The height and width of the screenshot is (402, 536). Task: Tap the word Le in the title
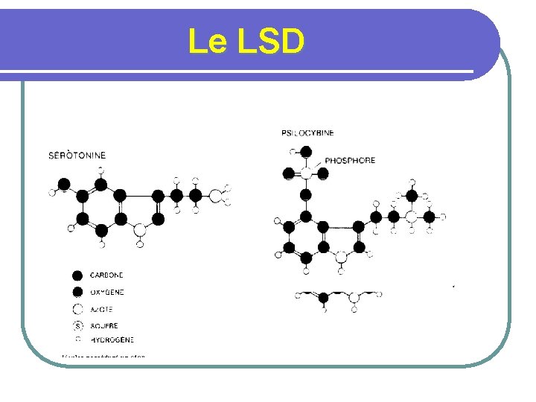pos(207,42)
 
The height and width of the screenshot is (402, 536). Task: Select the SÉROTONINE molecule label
pos(77,156)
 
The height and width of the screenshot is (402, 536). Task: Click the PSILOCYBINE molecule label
pos(307,133)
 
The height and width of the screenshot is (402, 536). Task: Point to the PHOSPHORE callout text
pos(350,160)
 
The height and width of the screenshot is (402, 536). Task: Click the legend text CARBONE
pos(106,275)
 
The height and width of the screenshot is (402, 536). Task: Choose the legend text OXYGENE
pos(106,293)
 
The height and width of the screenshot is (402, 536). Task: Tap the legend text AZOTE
pos(101,310)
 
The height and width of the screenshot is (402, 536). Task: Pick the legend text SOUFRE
pos(103,326)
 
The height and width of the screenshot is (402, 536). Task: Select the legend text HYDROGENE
pos(112,339)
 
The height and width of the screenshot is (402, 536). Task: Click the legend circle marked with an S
pos(77,326)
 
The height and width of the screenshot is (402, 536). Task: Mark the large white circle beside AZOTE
pos(77,310)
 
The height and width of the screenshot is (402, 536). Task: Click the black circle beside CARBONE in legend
pos(77,275)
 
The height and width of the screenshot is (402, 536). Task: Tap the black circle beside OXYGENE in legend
pos(77,293)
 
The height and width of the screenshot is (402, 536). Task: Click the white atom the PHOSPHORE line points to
pos(306,173)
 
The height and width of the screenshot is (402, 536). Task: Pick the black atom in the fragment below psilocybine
pos(323,298)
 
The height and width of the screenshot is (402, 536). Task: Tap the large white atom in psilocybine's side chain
pos(412,217)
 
